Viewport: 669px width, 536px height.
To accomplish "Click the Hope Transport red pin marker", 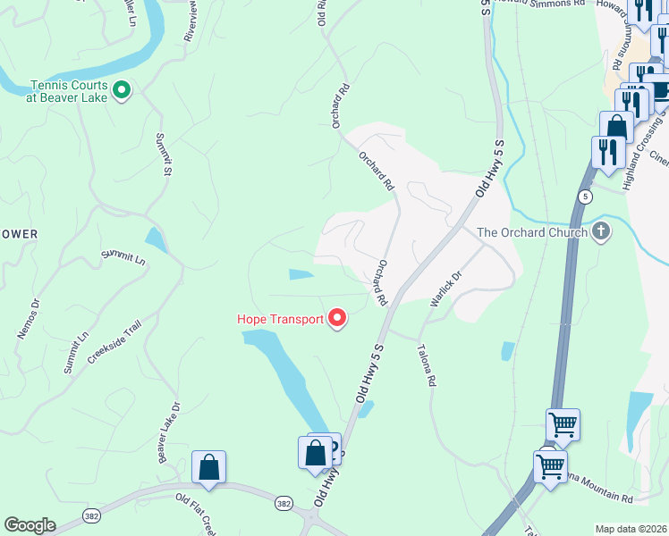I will pos(337,317).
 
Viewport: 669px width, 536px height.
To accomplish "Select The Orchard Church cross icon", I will pos(601,232).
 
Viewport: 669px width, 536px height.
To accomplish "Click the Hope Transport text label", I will pos(279,319).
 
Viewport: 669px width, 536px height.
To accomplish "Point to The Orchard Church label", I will pos(531,232).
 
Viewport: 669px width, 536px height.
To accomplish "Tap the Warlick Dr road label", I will pos(444,289).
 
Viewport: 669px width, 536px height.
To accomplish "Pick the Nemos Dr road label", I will pos(29,319).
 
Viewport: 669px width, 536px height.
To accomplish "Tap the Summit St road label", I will pos(164,154).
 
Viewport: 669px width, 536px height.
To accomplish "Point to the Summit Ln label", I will pos(123,257).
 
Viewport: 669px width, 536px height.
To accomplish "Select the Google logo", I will pos(30,525).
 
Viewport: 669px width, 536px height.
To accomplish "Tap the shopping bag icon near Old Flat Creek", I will pos(208,466).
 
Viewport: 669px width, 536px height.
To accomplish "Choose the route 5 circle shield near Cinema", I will pos(586,196).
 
